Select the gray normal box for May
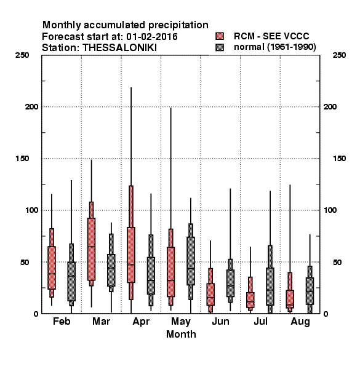pyautogui.click(x=191, y=261)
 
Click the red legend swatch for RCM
pyautogui.click(x=220, y=36)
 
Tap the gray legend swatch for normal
pyautogui.click(x=220, y=47)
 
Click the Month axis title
pyautogui.click(x=181, y=334)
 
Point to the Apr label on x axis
pyautogui.click(x=141, y=322)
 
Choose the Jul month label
pyautogui.click(x=261, y=321)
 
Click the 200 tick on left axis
pyautogui.click(x=31, y=107)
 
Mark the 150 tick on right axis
pyautogui.click(x=339, y=159)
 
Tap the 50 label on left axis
pyautogui.click(x=25, y=262)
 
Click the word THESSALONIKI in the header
pyautogui.click(x=119, y=48)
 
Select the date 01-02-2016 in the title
pyautogui.click(x=152, y=37)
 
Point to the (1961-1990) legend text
pyautogui.click(x=292, y=47)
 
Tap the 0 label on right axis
pyautogui.click(x=326, y=314)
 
